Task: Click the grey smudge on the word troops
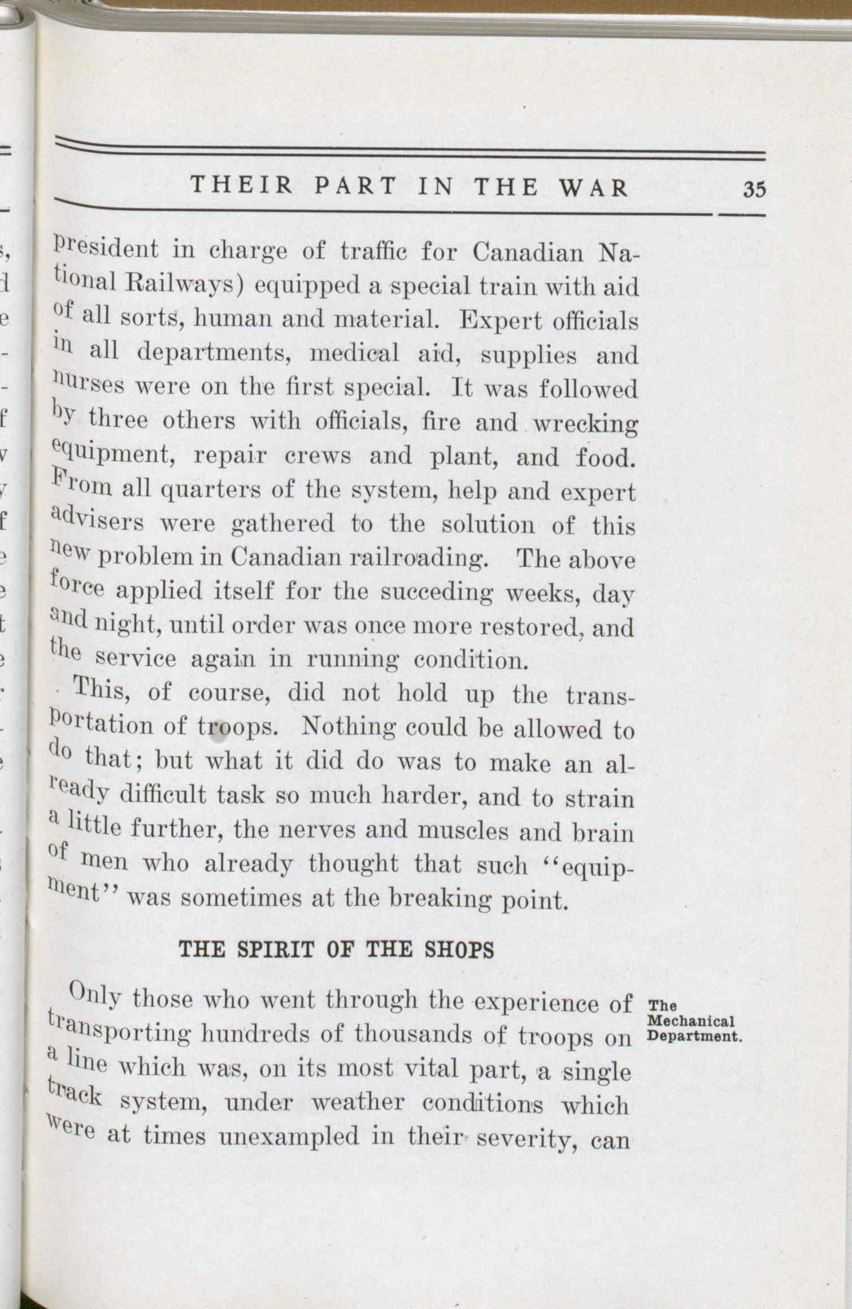click(219, 733)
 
